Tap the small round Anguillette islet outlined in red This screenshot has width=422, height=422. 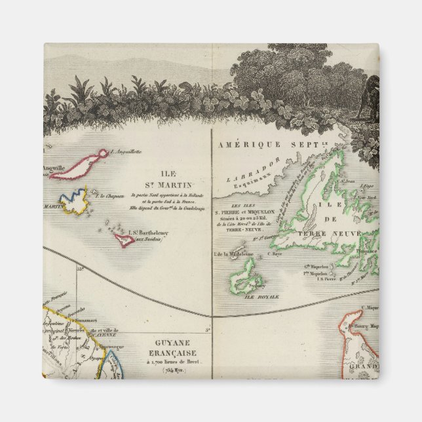click(102, 153)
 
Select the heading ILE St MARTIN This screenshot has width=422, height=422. click(166, 180)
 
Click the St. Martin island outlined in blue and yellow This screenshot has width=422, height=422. click(74, 201)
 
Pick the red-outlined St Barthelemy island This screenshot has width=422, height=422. click(124, 240)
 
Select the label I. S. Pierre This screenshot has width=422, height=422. click(326, 280)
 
